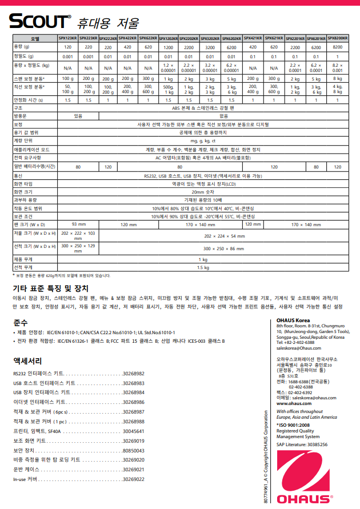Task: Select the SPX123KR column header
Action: coord(67,38)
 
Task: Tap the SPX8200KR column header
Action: coord(338,38)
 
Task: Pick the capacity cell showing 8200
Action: coord(338,47)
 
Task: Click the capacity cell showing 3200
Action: coord(210,47)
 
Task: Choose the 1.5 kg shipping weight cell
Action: coord(204,267)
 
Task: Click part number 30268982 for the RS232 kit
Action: coord(133,373)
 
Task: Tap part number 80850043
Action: coord(133,451)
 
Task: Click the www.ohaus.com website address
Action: coord(293,403)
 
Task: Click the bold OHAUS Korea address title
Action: coord(293,320)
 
